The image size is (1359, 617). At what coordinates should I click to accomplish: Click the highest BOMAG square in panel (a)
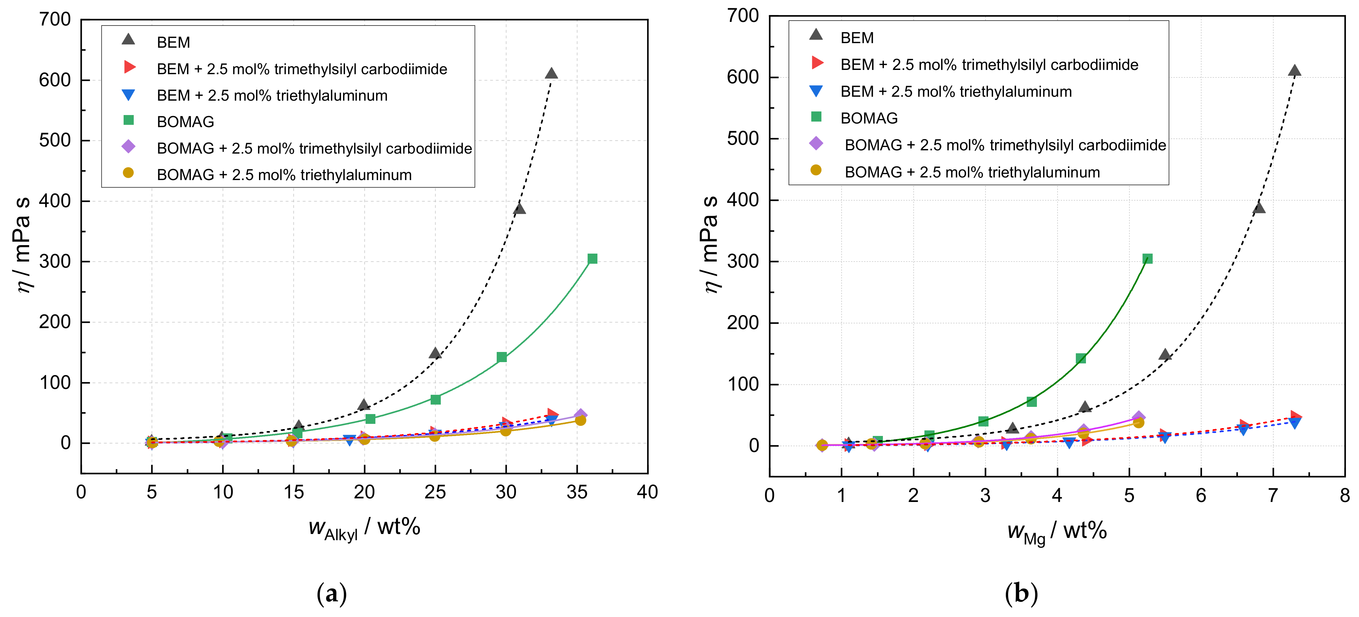point(593,258)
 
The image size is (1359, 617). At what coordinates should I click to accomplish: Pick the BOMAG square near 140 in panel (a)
point(502,357)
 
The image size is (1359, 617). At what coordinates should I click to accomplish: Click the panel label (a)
point(332,594)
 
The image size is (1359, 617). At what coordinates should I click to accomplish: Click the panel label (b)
point(1021,594)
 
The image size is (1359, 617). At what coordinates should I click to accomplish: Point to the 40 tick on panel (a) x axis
point(647,492)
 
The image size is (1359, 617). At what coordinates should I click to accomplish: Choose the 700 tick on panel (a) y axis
point(55,20)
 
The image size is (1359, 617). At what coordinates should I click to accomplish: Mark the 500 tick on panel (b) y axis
point(743,139)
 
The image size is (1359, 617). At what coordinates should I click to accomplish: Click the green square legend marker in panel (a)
point(128,120)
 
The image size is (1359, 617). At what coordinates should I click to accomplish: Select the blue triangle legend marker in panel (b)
point(816,91)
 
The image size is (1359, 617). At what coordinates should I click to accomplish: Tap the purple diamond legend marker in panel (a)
point(128,147)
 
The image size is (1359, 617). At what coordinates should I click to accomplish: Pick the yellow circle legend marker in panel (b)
point(816,170)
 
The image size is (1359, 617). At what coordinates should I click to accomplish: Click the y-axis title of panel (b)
point(711,244)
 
